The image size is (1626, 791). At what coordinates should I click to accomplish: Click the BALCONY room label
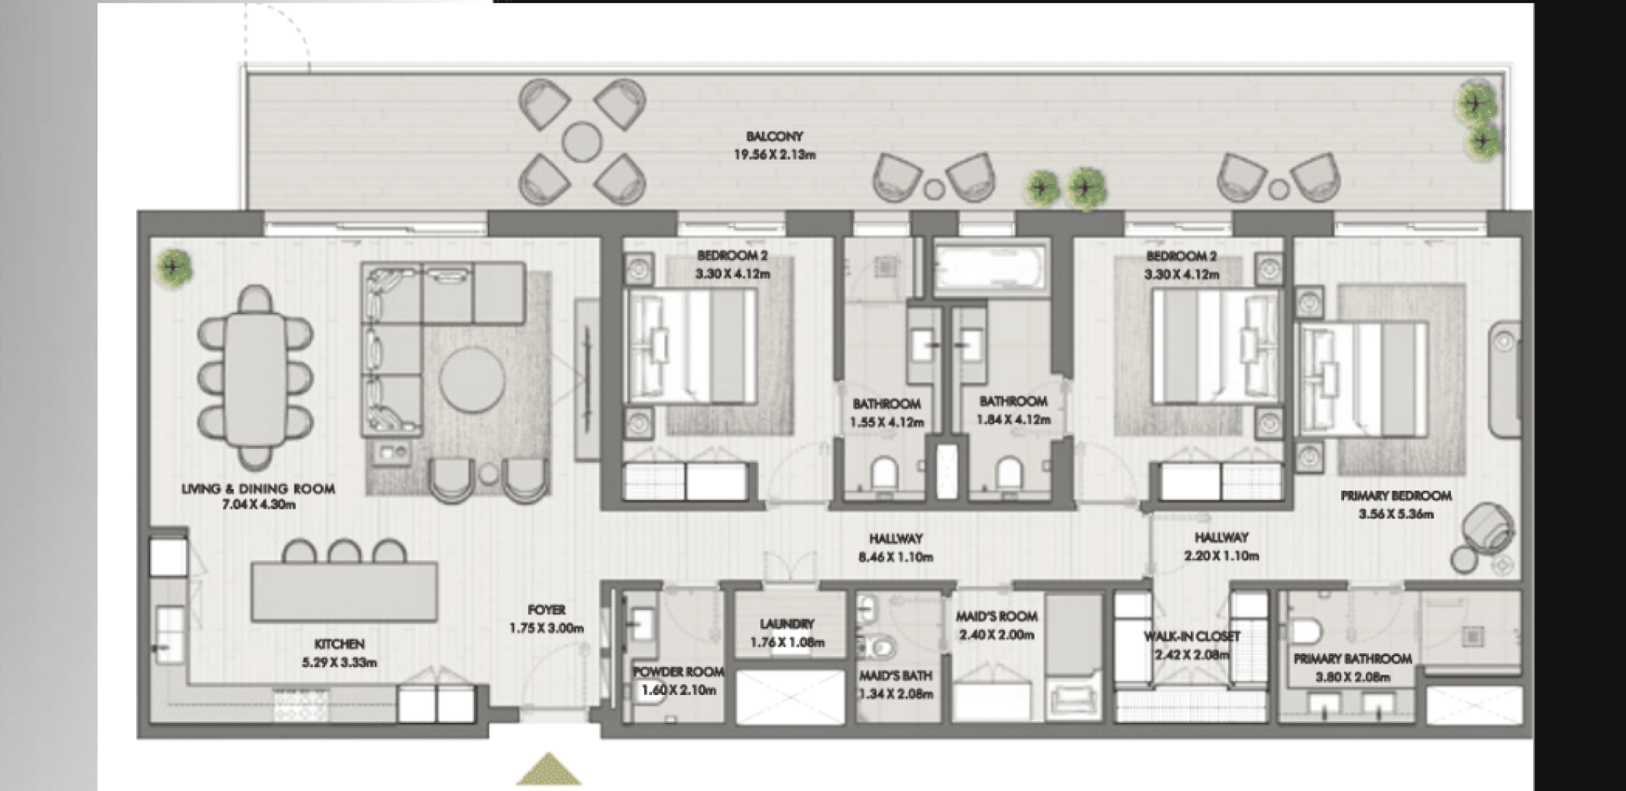tap(774, 136)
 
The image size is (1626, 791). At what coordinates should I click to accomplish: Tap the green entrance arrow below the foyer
tap(549, 769)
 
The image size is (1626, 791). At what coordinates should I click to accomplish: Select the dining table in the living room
tap(255, 379)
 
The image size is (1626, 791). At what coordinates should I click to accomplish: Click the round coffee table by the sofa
tap(472, 379)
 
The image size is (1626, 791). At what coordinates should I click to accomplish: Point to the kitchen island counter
tap(344, 592)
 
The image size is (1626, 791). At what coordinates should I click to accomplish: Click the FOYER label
tap(546, 609)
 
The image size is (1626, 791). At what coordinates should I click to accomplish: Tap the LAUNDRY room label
tap(787, 624)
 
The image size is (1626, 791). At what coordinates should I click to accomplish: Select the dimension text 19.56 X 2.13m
tap(774, 155)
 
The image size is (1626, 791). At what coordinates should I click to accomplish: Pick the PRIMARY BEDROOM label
tap(1396, 496)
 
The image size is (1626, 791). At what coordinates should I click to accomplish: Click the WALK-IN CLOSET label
tap(1192, 636)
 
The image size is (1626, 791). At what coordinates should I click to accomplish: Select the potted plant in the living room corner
tap(174, 269)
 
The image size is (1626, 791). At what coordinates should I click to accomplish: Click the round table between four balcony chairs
tap(582, 141)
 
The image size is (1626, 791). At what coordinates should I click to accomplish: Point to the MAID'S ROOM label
tap(996, 617)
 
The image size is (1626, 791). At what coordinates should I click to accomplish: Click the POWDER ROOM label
tap(678, 672)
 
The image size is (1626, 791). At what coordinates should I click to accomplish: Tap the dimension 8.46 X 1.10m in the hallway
tap(896, 557)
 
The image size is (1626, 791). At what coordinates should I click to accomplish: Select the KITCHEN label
tap(339, 645)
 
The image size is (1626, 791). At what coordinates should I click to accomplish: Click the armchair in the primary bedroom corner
tap(1487, 529)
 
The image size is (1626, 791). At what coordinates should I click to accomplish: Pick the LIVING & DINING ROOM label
tap(259, 489)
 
